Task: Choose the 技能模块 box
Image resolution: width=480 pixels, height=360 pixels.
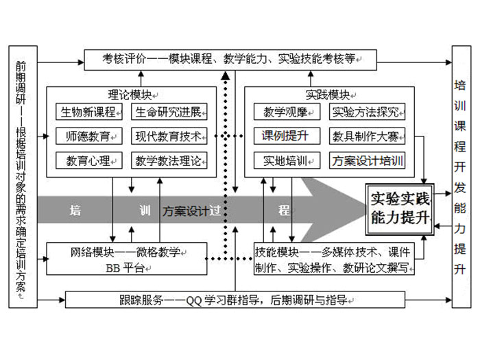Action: coord(335,259)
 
